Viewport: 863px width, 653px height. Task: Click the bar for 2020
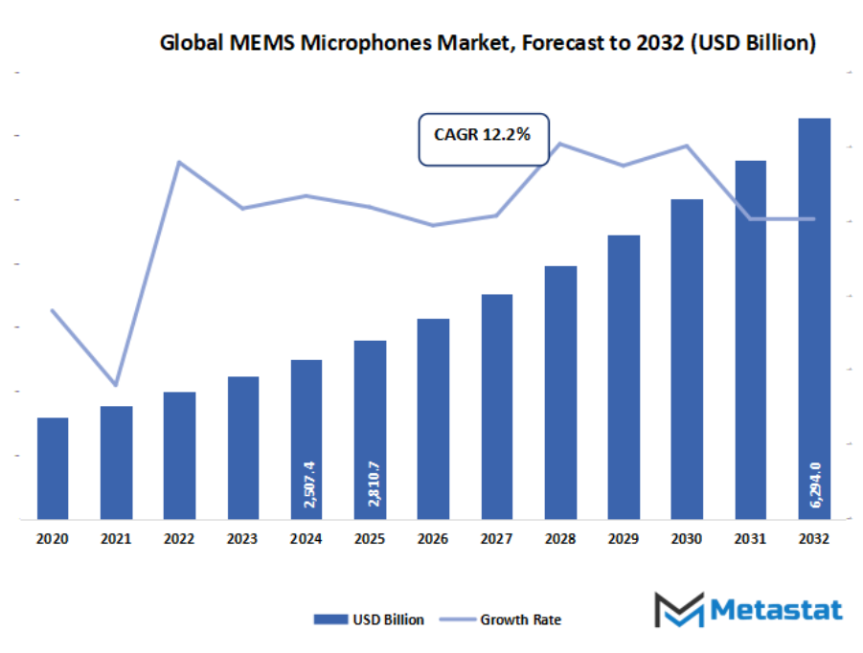[53, 468]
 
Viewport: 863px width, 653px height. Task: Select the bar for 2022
[179, 456]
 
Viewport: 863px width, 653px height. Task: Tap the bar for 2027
[496, 407]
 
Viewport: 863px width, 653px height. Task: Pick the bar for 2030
[687, 359]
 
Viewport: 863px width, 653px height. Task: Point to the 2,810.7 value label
[371, 483]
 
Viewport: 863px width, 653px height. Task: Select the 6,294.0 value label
[814, 483]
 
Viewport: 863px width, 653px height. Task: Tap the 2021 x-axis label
[116, 539]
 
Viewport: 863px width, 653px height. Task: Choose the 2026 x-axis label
[433, 539]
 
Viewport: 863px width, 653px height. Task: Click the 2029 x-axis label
[624, 539]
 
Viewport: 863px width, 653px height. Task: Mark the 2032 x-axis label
[814, 539]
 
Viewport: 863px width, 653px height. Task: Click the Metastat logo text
[775, 609]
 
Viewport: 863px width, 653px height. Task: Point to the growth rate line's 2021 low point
[116, 384]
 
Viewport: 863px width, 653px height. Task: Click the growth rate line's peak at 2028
[559, 144]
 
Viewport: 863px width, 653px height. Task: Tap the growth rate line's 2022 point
[179, 162]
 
